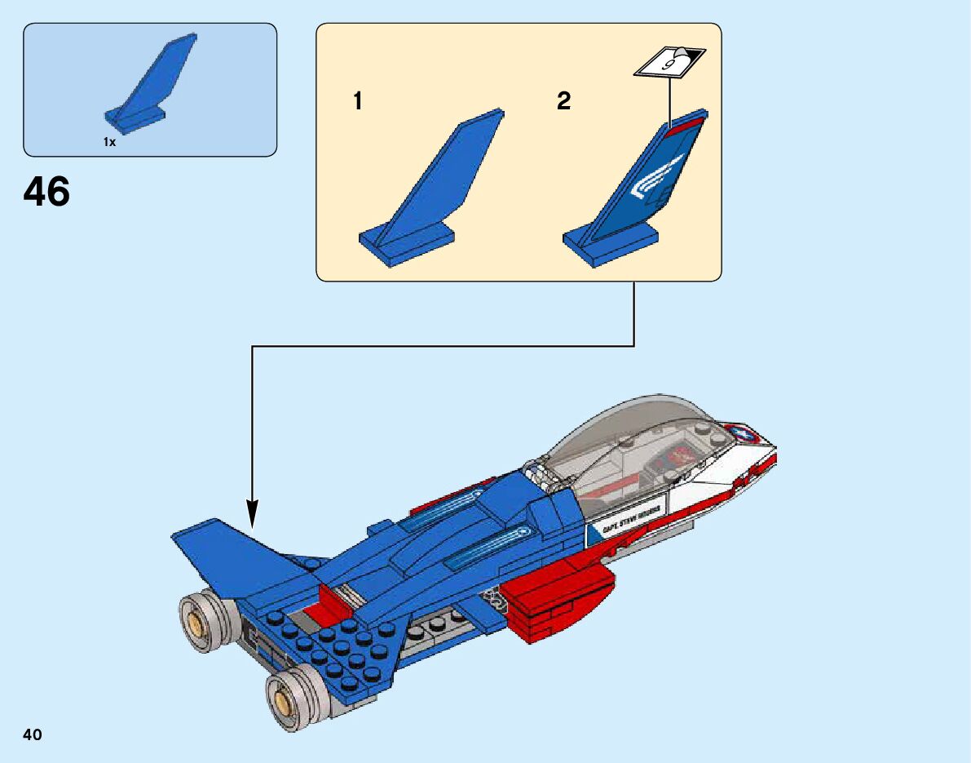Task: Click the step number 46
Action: click(46, 193)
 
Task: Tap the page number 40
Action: click(33, 735)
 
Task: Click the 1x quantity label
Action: click(109, 142)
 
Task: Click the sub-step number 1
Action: click(357, 101)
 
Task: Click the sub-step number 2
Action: click(564, 101)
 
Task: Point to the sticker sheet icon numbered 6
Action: click(669, 61)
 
